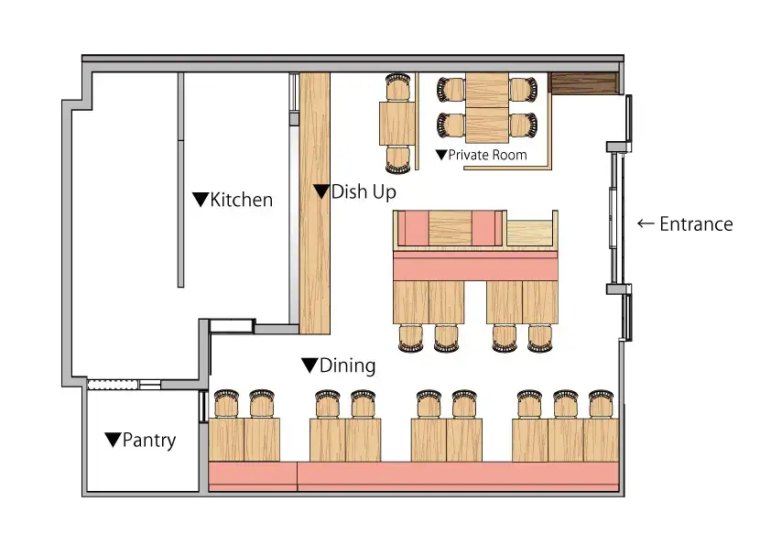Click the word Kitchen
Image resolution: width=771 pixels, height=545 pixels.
[241, 200]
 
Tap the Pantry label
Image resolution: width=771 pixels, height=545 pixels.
[149, 440]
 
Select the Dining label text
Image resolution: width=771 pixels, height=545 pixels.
[348, 365]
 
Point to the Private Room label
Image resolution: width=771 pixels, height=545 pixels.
[487, 155]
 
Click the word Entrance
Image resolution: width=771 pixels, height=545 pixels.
[696, 223]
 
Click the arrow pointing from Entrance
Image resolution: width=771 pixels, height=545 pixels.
[646, 223]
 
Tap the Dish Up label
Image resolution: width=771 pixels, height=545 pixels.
[364, 191]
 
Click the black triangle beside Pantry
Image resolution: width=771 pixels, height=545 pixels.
[114, 440]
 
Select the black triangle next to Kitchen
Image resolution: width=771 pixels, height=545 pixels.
[201, 199]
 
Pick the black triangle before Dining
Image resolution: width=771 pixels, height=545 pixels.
[309, 365]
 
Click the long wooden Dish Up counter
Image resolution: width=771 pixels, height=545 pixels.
[315, 203]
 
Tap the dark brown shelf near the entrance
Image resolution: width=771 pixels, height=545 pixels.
[583, 83]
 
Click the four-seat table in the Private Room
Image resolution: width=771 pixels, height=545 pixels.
[487, 108]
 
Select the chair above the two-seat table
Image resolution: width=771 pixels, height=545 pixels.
[397, 87]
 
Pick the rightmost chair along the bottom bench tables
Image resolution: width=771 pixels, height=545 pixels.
[601, 404]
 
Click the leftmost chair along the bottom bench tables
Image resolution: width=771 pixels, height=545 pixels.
[226, 404]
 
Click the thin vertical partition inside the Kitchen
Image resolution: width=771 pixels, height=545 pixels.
[180, 180]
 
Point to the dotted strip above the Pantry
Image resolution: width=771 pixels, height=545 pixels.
[112, 385]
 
